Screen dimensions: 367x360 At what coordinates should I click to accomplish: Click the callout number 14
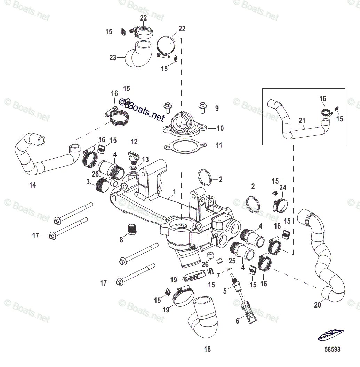click(x=32, y=185)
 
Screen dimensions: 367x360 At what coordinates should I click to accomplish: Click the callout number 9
click(x=217, y=109)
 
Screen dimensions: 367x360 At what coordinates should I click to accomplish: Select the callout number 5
click(x=225, y=291)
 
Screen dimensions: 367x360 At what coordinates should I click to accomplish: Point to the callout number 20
click(x=317, y=305)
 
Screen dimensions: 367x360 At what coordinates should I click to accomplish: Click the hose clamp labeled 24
click(x=280, y=204)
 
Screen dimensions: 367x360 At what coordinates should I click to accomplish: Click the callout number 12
click(x=134, y=142)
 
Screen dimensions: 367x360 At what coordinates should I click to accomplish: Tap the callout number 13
click(x=145, y=160)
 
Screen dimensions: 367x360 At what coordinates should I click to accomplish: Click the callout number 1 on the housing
click(x=174, y=192)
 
